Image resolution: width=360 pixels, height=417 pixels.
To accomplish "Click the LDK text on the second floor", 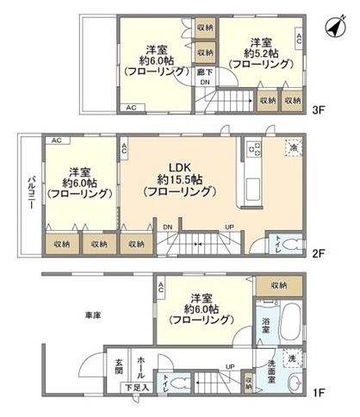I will pyautogui.click(x=179, y=167).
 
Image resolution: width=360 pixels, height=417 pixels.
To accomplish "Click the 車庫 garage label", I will pyautogui.click(x=93, y=316).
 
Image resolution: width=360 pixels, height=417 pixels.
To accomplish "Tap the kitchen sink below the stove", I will pyautogui.click(x=253, y=185).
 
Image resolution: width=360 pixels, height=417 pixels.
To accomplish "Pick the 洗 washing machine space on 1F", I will pyautogui.click(x=294, y=358).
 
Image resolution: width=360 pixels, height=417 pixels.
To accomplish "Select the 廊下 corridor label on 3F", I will pyautogui.click(x=202, y=72).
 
